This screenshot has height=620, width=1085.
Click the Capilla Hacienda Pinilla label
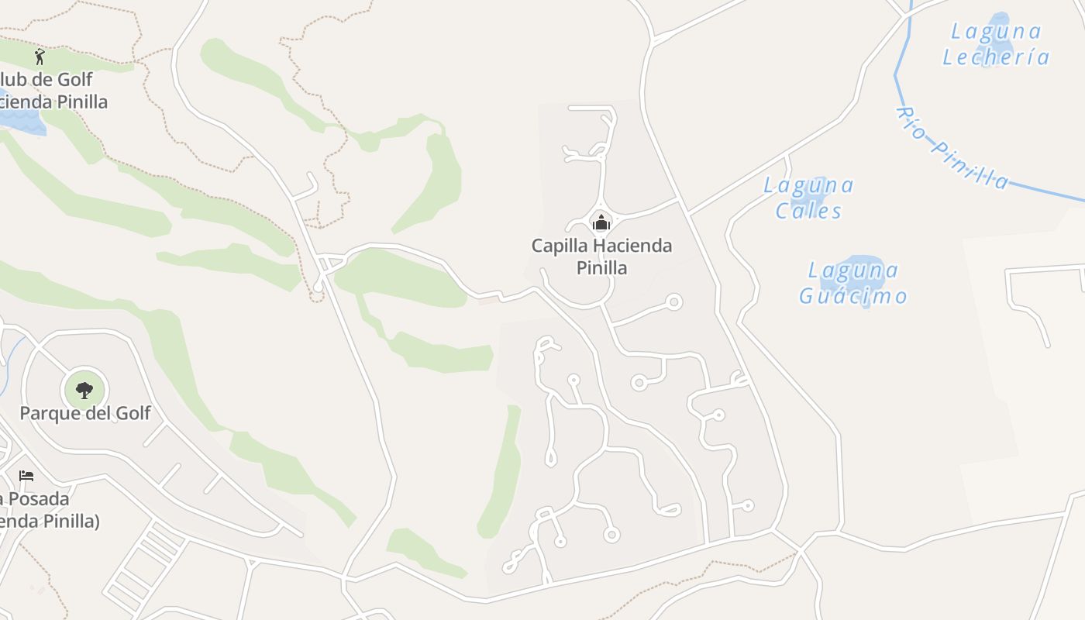pos(601,257)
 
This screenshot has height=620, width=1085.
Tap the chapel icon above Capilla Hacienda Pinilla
pos(601,223)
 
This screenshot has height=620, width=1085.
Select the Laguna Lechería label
pos(996,44)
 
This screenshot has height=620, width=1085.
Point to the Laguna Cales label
pos(808,198)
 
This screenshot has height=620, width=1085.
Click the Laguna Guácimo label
pos(852,283)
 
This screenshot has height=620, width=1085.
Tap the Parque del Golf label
pos(85,413)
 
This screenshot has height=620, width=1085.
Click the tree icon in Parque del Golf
pos(84,390)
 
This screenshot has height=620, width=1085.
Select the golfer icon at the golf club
pos(40,57)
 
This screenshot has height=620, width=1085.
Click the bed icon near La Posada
pos(26,475)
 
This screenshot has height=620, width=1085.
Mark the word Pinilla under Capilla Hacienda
pos(601,268)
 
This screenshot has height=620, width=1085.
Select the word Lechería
pos(996,57)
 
